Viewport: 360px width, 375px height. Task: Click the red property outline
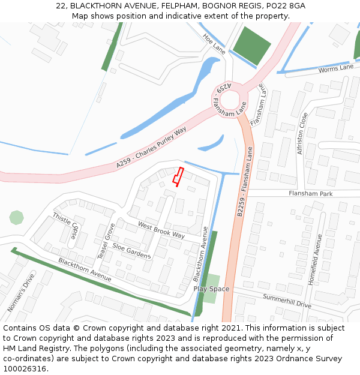178,176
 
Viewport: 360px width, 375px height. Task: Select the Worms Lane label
336,68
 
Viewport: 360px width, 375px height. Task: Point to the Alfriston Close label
303,133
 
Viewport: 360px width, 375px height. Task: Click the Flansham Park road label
310,194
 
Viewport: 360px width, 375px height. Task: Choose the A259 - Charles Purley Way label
152,146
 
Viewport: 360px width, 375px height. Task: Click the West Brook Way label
161,230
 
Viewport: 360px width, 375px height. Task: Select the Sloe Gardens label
131,251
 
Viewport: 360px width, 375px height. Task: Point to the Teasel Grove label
106,241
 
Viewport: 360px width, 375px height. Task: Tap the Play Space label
211,289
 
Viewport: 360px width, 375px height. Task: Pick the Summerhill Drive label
287,301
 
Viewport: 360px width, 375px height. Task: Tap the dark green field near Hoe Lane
252,46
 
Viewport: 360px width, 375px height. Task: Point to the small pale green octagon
16,217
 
